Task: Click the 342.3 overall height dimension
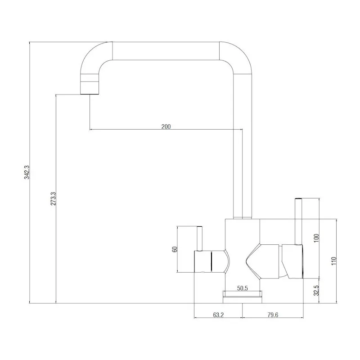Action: (x=26, y=173)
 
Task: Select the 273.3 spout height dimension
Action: (x=53, y=199)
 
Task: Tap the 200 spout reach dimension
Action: (x=166, y=126)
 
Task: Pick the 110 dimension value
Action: (x=333, y=261)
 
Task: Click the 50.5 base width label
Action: (x=243, y=288)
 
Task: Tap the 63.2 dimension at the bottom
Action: (x=218, y=315)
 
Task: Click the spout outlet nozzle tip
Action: (x=90, y=88)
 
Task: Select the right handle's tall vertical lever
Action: (x=297, y=220)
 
